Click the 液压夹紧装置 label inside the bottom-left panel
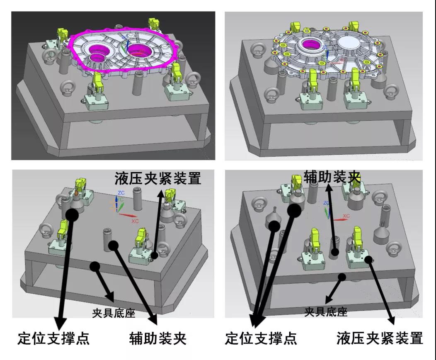point(158,178)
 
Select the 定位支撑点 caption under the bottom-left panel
point(53,338)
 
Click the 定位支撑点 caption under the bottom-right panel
point(261,338)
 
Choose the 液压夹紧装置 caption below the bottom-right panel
point(380,338)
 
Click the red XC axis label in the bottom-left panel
point(135,221)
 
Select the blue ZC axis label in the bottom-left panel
point(121,193)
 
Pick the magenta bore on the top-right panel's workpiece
point(311,44)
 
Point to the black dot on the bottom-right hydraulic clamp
point(369,259)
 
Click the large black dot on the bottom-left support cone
point(72,214)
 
